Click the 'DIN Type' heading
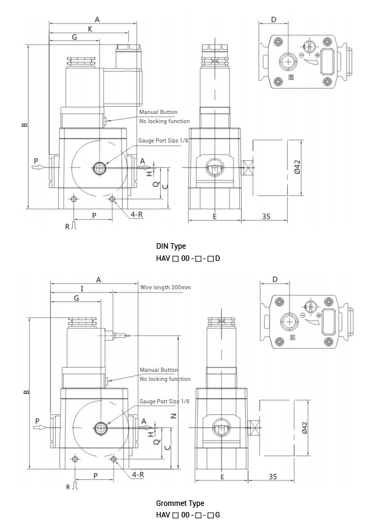pyautogui.click(x=171, y=246)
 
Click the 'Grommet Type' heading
pyautogui.click(x=180, y=503)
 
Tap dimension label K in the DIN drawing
pyautogui.click(x=90, y=29)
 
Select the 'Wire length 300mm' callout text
pyautogui.click(x=166, y=287)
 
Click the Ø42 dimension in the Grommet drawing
pyautogui.click(x=305, y=427)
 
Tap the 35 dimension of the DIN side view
pyautogui.click(x=266, y=216)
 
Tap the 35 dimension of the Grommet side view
pyautogui.click(x=273, y=477)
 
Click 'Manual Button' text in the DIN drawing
pyautogui.click(x=158, y=112)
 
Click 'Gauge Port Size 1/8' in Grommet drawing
pyautogui.click(x=164, y=401)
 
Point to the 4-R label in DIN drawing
pyautogui.click(x=137, y=214)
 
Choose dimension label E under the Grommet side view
pyautogui.click(x=222, y=477)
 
